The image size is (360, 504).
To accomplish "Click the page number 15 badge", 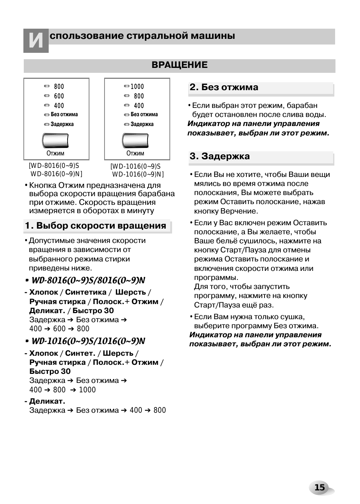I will [x=319, y=487].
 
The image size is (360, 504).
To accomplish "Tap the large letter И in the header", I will [x=36, y=40].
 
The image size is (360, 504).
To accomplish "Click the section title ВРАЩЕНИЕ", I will [x=179, y=65].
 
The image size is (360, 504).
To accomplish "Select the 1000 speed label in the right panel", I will [x=137, y=86].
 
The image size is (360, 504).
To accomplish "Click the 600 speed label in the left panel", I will [x=59, y=96].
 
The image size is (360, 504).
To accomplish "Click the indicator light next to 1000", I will [x=126, y=86].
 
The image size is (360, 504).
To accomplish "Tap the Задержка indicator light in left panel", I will [x=47, y=124].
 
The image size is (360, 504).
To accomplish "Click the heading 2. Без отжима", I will [x=224, y=87].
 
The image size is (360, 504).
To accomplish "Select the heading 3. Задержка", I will [x=220, y=156].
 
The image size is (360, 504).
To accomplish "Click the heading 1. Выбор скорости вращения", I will [x=95, y=226].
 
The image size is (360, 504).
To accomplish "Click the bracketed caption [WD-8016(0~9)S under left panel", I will [x=54, y=166].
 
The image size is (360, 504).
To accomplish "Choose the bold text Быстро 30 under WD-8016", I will [x=93, y=310].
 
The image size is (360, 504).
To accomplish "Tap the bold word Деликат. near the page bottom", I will [x=47, y=401].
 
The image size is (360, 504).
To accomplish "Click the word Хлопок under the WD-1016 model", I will [x=43, y=353].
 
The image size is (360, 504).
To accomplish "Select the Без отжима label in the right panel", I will [x=144, y=114].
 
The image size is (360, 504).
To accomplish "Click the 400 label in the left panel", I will [x=59, y=106].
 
